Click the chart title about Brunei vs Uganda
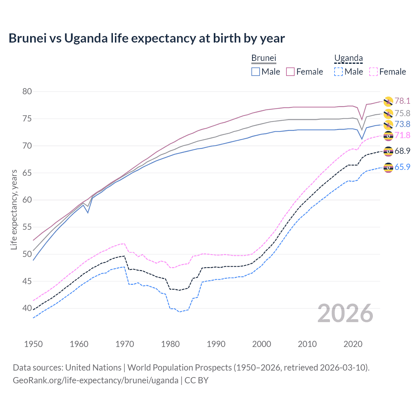147,38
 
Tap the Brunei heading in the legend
264,58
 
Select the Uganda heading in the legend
348,58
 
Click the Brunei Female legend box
291,72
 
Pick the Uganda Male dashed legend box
338,72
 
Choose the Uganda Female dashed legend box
373,72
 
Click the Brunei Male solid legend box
256,72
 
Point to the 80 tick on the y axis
27,92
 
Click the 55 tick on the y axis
27,227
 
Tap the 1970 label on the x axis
125,344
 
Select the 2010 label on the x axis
307,344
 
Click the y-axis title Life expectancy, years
14,209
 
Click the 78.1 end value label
402,101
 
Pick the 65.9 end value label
402,167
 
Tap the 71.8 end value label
402,135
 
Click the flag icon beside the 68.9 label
388,151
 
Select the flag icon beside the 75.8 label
388,114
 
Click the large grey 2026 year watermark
345,314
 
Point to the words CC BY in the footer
196,380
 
